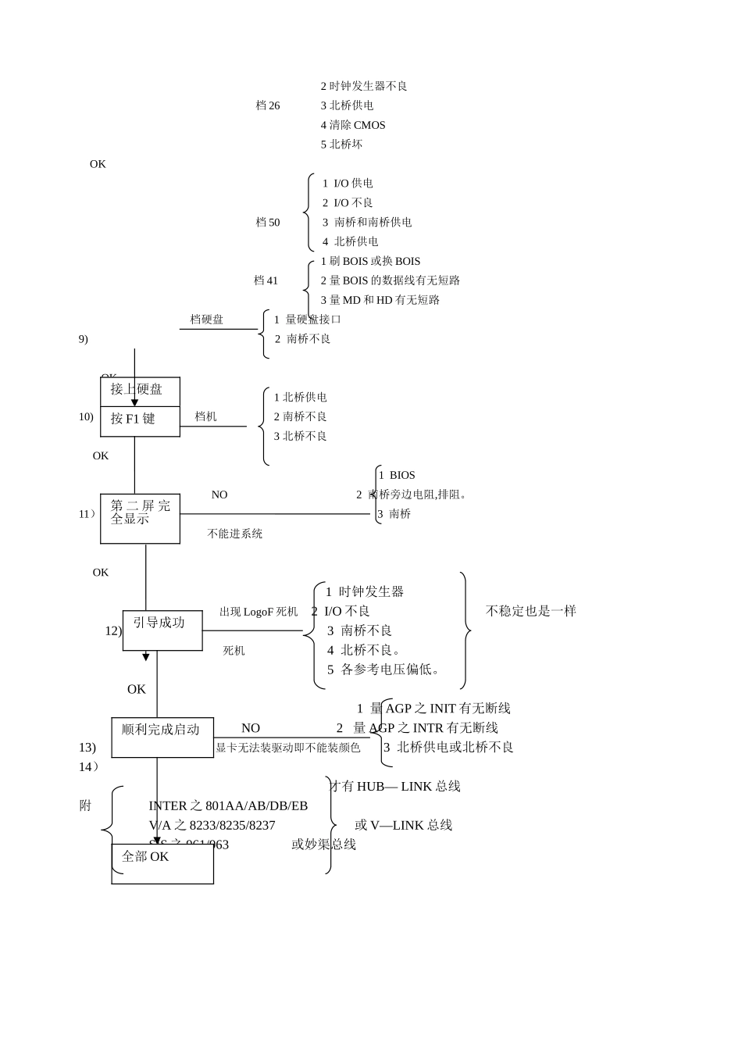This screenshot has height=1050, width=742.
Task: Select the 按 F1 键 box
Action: click(x=140, y=421)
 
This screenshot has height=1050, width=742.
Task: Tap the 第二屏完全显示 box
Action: click(x=140, y=518)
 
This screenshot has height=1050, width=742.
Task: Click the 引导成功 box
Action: click(x=162, y=630)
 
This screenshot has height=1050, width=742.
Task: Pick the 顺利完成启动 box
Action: click(x=162, y=737)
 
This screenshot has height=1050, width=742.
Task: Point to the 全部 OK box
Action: click(x=162, y=863)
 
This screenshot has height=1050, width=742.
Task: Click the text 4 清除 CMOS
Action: click(x=353, y=125)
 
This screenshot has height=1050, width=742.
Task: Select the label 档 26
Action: click(x=268, y=105)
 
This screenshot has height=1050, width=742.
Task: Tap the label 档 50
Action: click(x=268, y=223)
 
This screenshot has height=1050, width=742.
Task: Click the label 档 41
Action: click(x=266, y=280)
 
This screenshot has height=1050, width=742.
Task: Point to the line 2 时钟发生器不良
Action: click(x=364, y=86)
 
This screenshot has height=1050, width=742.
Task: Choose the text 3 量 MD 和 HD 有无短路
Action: click(x=380, y=300)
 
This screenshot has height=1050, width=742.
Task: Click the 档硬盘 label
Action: click(x=207, y=320)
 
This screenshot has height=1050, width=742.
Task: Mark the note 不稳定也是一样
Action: click(x=531, y=611)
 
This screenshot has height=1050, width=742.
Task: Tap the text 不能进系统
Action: click(x=235, y=534)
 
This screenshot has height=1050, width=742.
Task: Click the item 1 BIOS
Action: click(x=397, y=475)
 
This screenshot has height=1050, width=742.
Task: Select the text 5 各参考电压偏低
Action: click(x=384, y=670)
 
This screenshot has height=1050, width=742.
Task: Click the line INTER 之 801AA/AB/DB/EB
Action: click(x=228, y=805)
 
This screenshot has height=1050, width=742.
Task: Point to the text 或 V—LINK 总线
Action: click(x=404, y=825)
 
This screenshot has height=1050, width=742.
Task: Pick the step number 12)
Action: click(x=113, y=630)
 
